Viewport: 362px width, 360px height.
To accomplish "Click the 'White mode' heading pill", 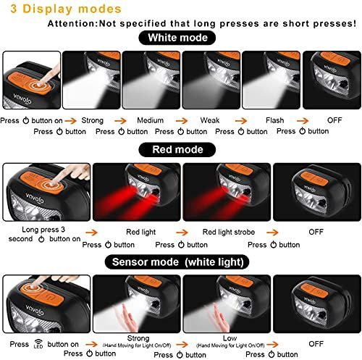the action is [177, 38].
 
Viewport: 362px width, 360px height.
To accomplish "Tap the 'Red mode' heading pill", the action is [177, 150].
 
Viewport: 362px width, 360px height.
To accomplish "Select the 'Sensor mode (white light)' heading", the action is [177, 262].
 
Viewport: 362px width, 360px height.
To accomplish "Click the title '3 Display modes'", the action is [66, 9].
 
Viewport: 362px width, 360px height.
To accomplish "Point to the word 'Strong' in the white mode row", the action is [93, 120].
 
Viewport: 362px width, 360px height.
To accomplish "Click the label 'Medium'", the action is [150, 120].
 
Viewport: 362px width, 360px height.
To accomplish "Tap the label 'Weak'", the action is [210, 120].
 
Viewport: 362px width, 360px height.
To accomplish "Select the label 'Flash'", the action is [274, 120].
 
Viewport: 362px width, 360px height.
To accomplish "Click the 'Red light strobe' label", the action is [229, 232].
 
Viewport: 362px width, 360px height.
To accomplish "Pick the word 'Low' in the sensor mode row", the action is [230, 338].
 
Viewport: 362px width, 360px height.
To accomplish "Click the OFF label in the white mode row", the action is [334, 120].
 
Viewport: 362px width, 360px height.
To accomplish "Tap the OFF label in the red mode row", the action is [316, 232].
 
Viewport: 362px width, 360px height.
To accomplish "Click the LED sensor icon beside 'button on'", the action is [38, 344].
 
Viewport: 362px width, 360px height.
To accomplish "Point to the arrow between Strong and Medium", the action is [120, 120].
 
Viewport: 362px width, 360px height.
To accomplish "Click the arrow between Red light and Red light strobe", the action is [182, 233].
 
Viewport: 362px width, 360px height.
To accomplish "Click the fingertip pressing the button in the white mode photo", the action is [39, 84].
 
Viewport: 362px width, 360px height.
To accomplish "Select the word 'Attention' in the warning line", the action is [72, 24].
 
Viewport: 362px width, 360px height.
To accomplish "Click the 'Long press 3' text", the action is [43, 230].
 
